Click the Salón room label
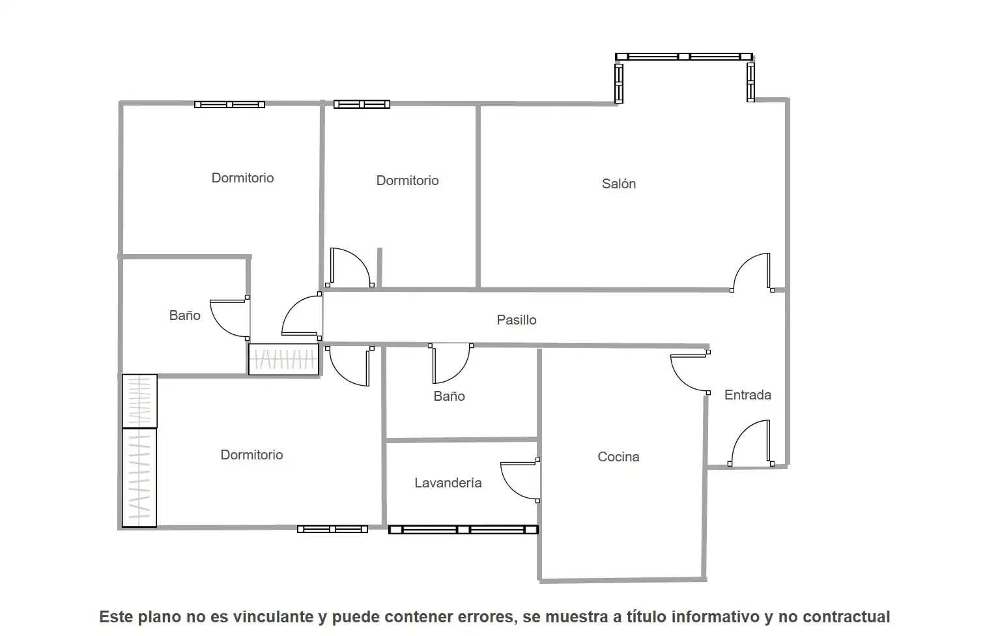tap(618, 184)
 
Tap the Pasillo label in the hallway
tap(517, 320)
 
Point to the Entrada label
tap(748, 395)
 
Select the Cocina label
tap(618, 456)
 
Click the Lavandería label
tap(448, 483)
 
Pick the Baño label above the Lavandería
tap(449, 396)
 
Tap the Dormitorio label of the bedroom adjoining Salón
tap(407, 181)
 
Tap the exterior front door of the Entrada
tap(751, 443)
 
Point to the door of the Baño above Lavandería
tap(450, 364)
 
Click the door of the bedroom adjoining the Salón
tap(350, 268)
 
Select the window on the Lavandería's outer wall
tap(463, 530)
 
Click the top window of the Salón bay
tap(684, 57)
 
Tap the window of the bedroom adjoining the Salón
tap(362, 104)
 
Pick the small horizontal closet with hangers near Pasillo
tap(284, 360)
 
